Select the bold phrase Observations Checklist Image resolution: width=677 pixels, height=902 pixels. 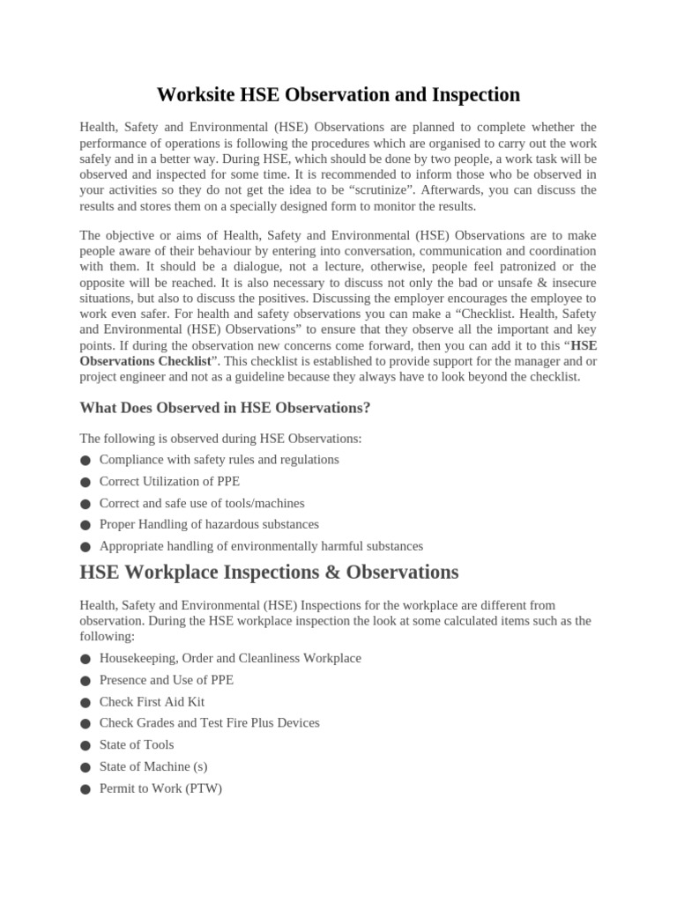145,361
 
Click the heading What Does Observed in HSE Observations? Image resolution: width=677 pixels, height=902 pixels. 225,408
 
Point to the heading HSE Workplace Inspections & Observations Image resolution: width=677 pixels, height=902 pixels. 269,572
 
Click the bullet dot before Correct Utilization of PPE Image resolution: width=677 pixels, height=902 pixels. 85,483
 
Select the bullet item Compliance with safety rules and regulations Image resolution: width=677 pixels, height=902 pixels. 219,460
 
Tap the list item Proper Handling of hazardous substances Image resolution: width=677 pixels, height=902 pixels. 209,524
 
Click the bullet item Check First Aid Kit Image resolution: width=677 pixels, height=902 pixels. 152,702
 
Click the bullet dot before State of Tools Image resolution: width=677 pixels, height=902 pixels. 85,745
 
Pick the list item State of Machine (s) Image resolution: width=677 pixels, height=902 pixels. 153,766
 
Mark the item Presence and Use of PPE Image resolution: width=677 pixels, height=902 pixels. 167,680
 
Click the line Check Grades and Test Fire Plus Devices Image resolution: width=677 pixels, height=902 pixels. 209,723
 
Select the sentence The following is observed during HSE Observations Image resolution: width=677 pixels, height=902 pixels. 220,438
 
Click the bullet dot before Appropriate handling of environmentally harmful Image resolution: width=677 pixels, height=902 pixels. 85,547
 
